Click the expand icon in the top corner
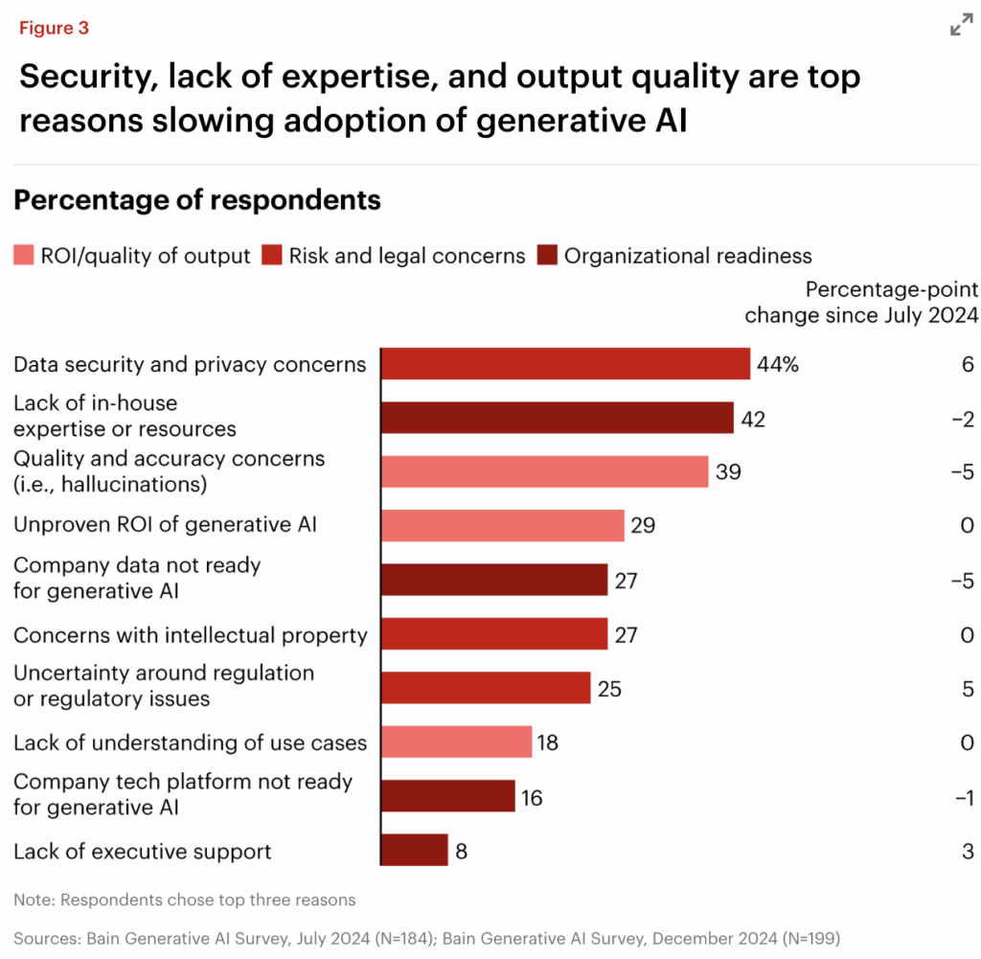click(961, 27)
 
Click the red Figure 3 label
click(54, 28)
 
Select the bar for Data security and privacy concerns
click(565, 364)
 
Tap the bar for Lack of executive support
click(415, 851)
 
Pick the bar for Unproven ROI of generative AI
click(503, 525)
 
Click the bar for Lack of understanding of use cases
click(456, 742)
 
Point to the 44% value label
click(777, 365)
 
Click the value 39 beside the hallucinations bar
click(728, 471)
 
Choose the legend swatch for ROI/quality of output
click(23, 256)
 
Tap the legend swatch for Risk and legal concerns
click(271, 256)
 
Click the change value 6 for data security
click(967, 365)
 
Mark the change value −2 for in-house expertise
click(962, 419)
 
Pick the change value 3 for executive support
click(968, 851)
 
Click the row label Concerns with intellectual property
click(191, 634)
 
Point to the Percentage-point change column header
click(861, 302)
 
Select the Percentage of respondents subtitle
click(197, 200)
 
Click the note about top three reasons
click(185, 900)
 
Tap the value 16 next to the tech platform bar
click(532, 797)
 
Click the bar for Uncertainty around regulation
click(486, 688)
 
